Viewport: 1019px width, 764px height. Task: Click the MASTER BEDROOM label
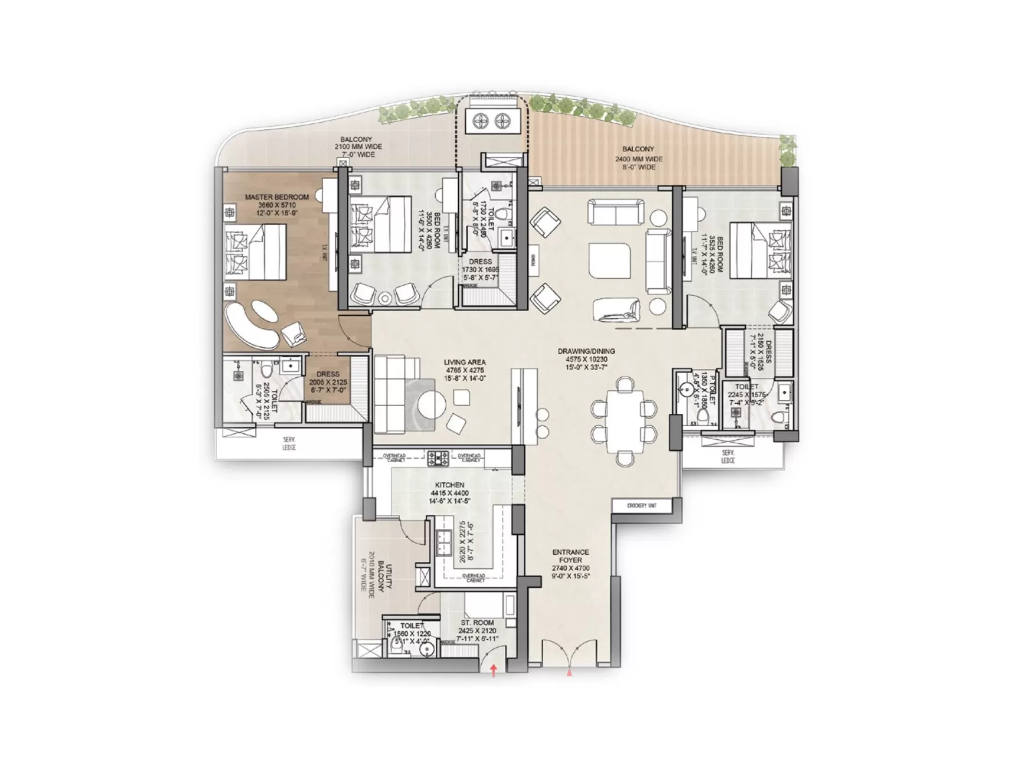pyautogui.click(x=277, y=197)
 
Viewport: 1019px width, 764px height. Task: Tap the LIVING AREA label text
pyautogui.click(x=464, y=363)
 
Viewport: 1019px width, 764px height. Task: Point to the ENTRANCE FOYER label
pyautogui.click(x=570, y=556)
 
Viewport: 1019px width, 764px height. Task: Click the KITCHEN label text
pyautogui.click(x=449, y=485)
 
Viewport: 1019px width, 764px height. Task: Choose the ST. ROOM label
pyautogui.click(x=477, y=623)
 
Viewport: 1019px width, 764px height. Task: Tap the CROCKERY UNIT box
pyautogui.click(x=642, y=506)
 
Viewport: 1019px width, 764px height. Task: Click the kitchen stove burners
pyautogui.click(x=438, y=456)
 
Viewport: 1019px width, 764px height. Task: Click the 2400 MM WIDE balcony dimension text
pyautogui.click(x=639, y=159)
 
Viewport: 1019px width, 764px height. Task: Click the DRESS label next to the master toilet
pyautogui.click(x=328, y=374)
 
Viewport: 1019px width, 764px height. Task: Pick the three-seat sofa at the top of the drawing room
pyautogui.click(x=616, y=211)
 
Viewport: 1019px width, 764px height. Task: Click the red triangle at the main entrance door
pyautogui.click(x=570, y=671)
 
